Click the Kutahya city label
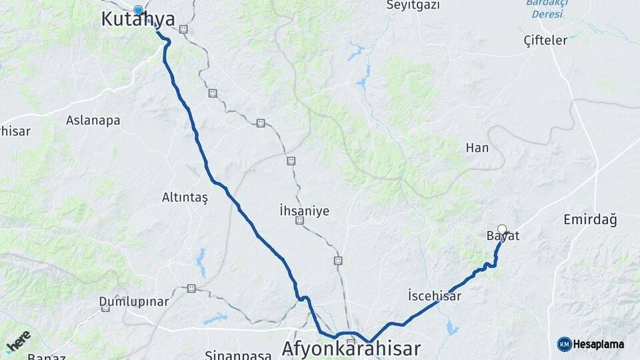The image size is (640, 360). (138, 19)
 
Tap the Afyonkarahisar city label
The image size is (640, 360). (351, 348)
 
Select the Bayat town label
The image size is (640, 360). (503, 236)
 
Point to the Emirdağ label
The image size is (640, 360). (590, 219)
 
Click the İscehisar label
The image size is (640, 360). (434, 295)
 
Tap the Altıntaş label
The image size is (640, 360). (185, 197)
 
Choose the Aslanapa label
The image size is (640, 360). (93, 121)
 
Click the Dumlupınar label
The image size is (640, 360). (134, 301)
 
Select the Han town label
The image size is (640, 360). (477, 147)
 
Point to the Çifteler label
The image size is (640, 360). (545, 40)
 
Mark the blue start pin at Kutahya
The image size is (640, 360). (138, 10)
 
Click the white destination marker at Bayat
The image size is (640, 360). (502, 229)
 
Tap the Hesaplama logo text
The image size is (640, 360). (597, 344)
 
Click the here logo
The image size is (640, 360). (19, 341)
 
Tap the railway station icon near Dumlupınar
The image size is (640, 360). (191, 288)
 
